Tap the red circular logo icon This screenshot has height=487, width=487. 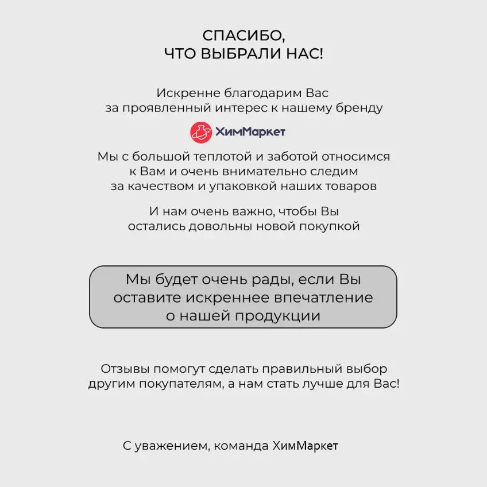201,132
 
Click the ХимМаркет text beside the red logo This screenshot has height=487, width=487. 250,132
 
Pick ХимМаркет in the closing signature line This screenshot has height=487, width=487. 305,446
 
